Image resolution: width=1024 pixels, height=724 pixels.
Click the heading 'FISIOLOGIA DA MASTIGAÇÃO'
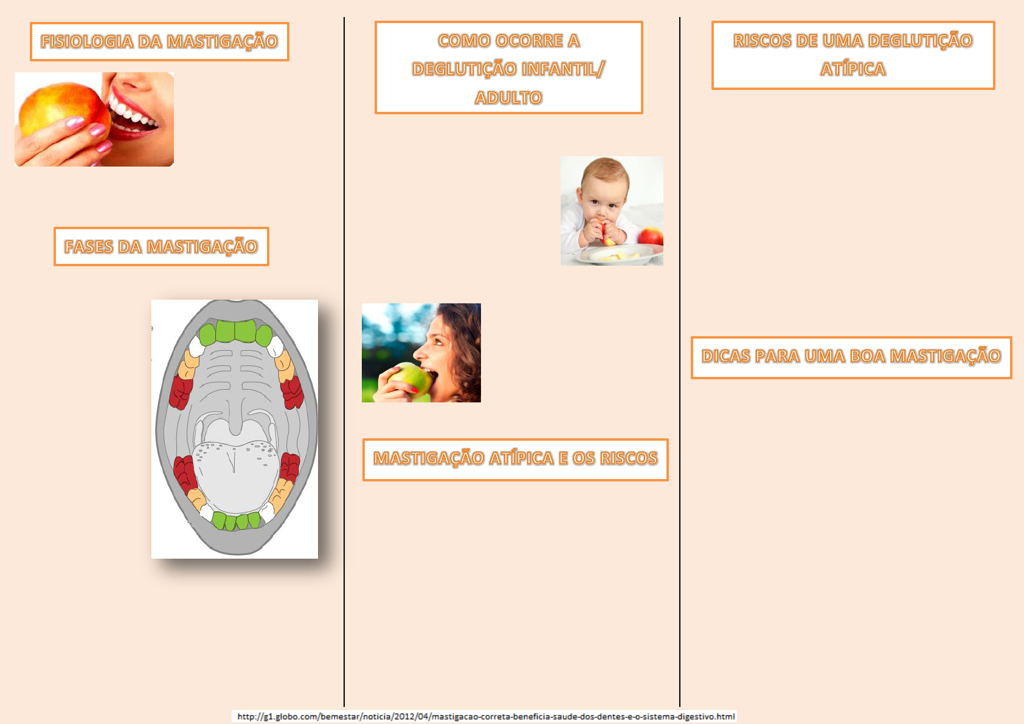click(x=159, y=41)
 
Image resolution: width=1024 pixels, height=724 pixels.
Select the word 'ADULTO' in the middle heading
click(x=508, y=97)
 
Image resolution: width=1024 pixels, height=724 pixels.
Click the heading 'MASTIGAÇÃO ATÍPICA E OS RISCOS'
click(x=515, y=458)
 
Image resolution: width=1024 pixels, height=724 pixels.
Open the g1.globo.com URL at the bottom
click(x=485, y=716)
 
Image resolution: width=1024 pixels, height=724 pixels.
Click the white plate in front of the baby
click(x=620, y=255)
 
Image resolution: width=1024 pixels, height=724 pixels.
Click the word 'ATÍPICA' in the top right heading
click(x=853, y=69)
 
